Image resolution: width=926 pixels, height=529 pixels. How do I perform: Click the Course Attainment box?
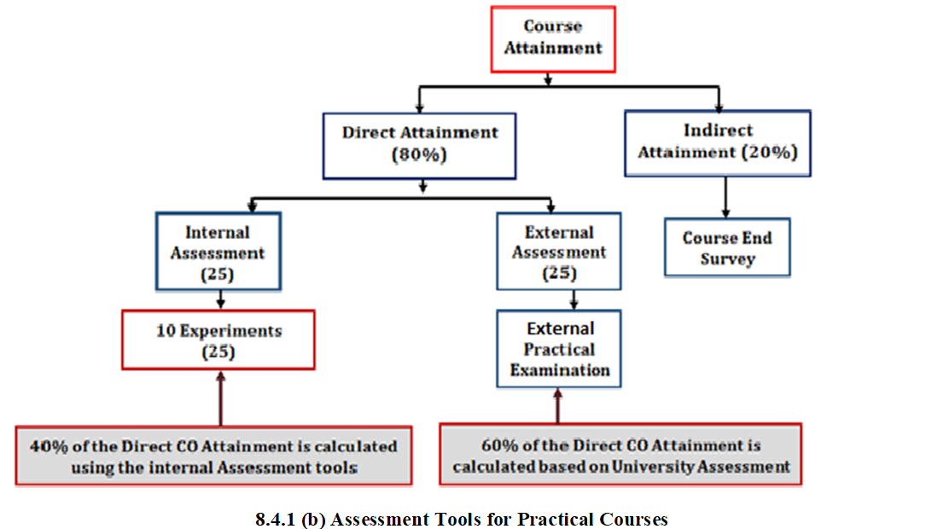coord(553,39)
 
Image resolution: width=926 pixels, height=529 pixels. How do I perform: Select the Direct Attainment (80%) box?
coord(419,146)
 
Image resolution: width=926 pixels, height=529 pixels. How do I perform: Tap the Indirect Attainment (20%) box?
coord(718,143)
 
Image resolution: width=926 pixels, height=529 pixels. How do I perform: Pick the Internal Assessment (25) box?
coord(218,252)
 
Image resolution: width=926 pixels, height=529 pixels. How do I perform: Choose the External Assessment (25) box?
coord(559,252)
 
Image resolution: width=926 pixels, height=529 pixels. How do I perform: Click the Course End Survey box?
coord(727,247)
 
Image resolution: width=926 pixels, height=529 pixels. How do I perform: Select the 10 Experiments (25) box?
coord(218,340)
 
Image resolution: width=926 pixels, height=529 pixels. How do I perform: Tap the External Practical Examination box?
coord(559,349)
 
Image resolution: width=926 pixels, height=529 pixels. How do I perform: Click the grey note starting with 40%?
coord(213,456)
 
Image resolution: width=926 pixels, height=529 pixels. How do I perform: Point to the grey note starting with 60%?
coord(620,455)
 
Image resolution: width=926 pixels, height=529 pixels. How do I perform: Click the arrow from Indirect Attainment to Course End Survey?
coord(725,197)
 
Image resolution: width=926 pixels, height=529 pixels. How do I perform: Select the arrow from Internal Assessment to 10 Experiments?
coord(220,300)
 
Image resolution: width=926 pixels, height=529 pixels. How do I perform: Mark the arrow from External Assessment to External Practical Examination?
coord(574,300)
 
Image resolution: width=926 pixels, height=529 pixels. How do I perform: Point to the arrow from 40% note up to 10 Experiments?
coord(220,398)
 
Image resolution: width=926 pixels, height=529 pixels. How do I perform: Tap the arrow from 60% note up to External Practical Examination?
coord(557,405)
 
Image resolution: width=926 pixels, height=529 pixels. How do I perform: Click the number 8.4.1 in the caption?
coord(275,520)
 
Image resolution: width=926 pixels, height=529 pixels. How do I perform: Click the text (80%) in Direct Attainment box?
coord(419,155)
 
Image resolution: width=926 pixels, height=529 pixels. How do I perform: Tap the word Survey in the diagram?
coord(727,259)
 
